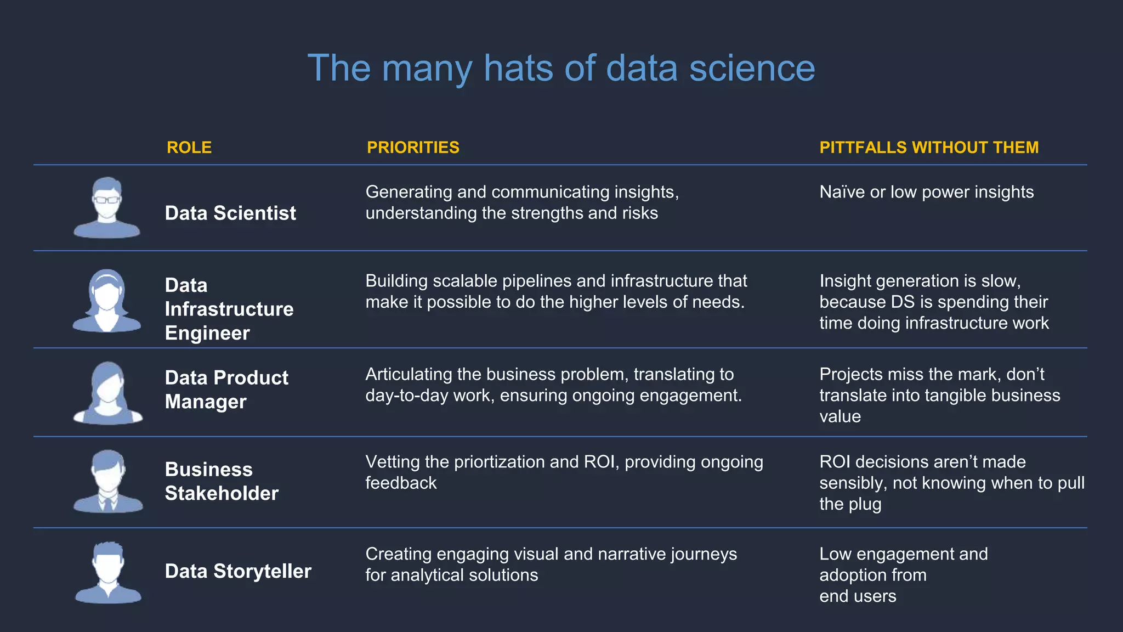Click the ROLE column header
coord(189,148)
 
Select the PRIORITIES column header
coord(413,148)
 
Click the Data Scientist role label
coord(230,213)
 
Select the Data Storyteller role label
coord(238,571)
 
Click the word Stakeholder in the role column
coord(222,493)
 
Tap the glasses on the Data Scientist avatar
coord(106,200)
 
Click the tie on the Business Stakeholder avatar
coord(108,502)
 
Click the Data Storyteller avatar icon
coord(108,573)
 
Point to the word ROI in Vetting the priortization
coord(601,462)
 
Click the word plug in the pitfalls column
coord(864,504)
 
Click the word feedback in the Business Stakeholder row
coord(401,483)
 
